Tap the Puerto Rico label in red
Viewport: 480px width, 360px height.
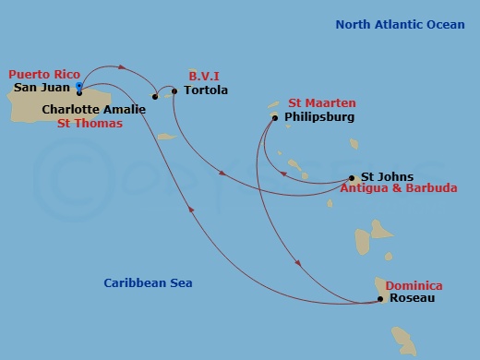(x=44, y=75)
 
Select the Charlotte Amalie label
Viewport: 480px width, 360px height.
(x=91, y=109)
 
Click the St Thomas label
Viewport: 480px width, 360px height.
(x=90, y=123)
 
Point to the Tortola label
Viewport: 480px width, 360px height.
(x=205, y=90)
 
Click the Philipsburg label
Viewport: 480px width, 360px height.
(x=319, y=117)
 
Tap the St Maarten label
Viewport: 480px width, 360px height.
(x=322, y=102)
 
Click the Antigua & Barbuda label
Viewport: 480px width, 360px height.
(x=398, y=188)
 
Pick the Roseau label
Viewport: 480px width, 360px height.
(x=412, y=298)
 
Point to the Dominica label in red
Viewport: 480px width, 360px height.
(x=414, y=286)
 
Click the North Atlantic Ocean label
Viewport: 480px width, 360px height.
(x=400, y=25)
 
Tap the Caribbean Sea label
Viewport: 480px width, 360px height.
(x=148, y=283)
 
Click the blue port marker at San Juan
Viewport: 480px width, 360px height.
(x=79, y=87)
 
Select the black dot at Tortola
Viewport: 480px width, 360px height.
(x=175, y=90)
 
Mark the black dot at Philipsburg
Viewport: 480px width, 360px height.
(x=275, y=117)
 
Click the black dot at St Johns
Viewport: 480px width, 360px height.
(x=352, y=178)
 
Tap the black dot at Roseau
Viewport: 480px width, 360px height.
(x=382, y=298)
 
